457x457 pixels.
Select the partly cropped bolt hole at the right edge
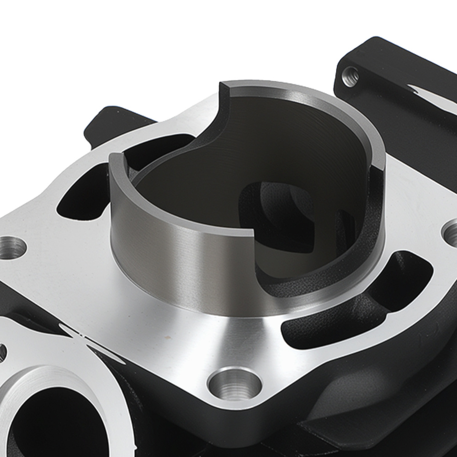pyautogui.click(x=451, y=233)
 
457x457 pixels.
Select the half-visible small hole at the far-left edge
pyautogui.click(x=2, y=352)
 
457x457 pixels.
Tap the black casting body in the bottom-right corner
pyautogui.click(x=411, y=411)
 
